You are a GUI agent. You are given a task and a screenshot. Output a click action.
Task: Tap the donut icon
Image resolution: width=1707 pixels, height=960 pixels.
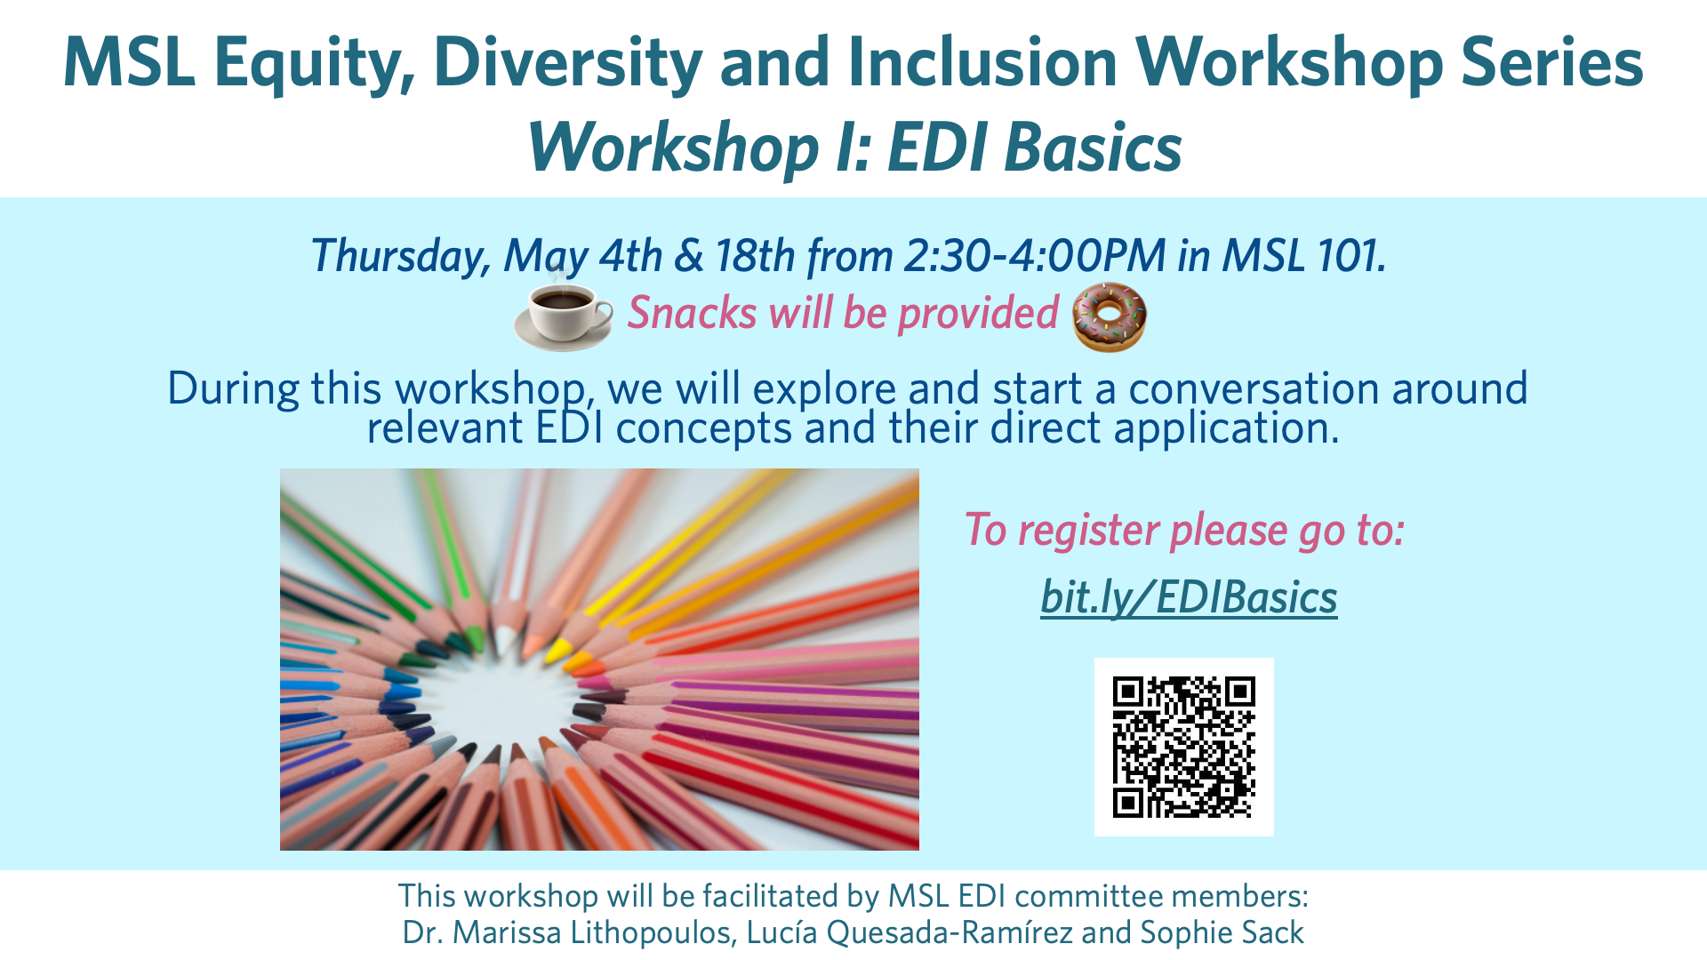(1110, 316)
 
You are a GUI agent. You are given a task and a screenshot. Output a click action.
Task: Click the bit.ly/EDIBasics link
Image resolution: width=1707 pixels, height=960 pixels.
(1189, 596)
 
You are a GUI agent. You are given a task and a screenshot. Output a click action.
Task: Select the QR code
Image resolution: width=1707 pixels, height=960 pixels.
(1183, 747)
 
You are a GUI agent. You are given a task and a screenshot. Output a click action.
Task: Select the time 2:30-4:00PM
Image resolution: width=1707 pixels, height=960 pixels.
(1035, 256)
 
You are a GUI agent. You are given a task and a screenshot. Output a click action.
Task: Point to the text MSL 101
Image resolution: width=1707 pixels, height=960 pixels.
(1304, 256)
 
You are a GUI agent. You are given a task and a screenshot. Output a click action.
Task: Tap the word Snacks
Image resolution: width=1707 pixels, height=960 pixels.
(692, 313)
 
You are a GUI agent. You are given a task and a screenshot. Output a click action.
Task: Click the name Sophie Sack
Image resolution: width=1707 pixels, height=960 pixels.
(1222, 932)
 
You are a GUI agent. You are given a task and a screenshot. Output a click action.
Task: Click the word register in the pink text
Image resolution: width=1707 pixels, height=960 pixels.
(1089, 531)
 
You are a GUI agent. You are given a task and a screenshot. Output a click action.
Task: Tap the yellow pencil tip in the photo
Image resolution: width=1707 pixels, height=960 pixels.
(557, 651)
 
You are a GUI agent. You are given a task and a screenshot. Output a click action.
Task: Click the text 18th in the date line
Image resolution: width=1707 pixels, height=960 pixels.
(755, 256)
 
